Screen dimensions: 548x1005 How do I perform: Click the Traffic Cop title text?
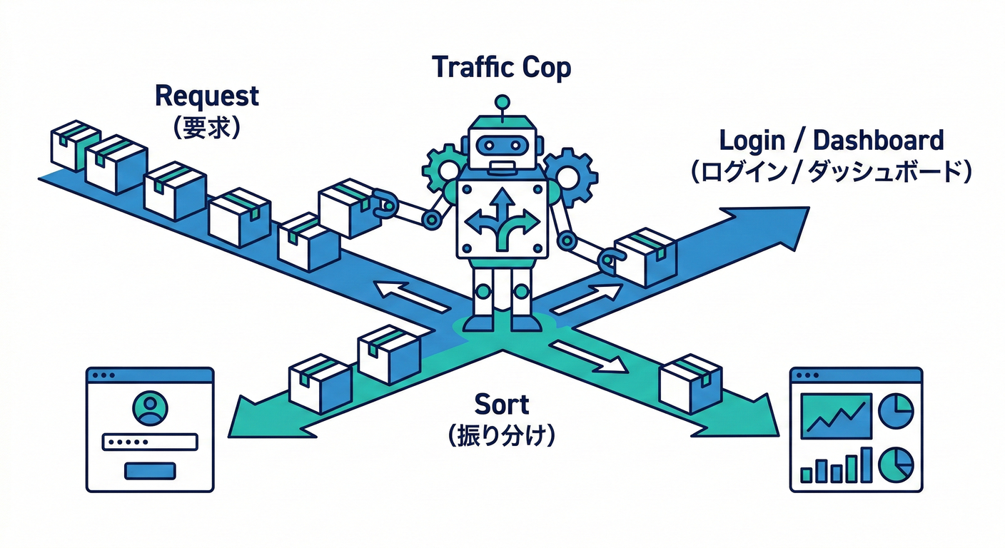pyautogui.click(x=502, y=68)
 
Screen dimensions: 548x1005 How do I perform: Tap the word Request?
pyautogui.click(x=206, y=96)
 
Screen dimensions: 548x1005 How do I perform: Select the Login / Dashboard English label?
pyautogui.click(x=831, y=140)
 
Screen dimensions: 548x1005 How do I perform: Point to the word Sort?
pyautogui.click(x=502, y=405)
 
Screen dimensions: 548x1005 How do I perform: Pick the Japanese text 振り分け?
pyautogui.click(x=502, y=435)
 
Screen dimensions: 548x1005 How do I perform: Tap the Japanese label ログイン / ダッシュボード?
pyautogui.click(x=831, y=173)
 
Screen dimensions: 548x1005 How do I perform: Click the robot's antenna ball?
pyautogui.click(x=502, y=102)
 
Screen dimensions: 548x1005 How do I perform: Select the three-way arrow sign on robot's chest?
pyautogui.click(x=502, y=218)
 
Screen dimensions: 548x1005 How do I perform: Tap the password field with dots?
pyautogui.click(x=149, y=442)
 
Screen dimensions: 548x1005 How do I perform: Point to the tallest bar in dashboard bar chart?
pyautogui.click(x=866, y=465)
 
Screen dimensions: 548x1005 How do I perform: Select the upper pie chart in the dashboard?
pyautogui.click(x=895, y=411)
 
